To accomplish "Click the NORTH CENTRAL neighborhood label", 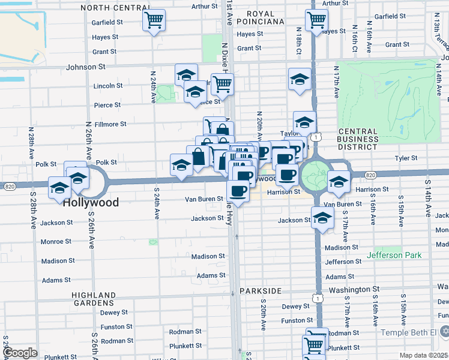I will [115, 8].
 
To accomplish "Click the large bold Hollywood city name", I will [90, 203].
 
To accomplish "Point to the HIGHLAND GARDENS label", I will [94, 299].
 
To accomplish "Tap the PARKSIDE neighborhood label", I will [260, 291].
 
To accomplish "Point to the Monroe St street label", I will [56, 242].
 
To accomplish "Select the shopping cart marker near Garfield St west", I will [154, 20].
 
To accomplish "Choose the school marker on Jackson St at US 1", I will [322, 218].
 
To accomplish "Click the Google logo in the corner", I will [20, 353].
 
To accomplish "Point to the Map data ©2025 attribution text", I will [423, 355].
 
